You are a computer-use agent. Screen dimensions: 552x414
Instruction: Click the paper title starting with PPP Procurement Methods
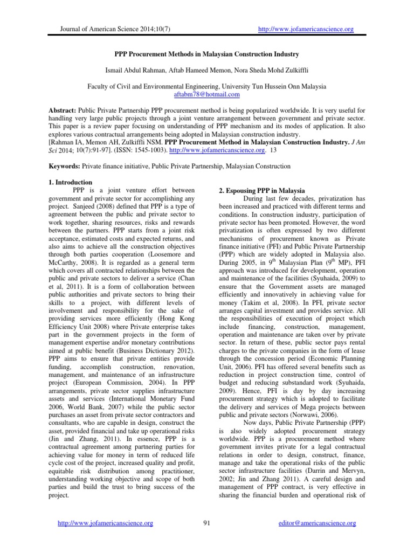coord(206,55)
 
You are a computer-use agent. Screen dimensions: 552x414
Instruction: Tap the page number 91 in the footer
coord(207,523)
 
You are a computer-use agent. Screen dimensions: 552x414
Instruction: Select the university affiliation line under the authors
coord(206,86)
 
